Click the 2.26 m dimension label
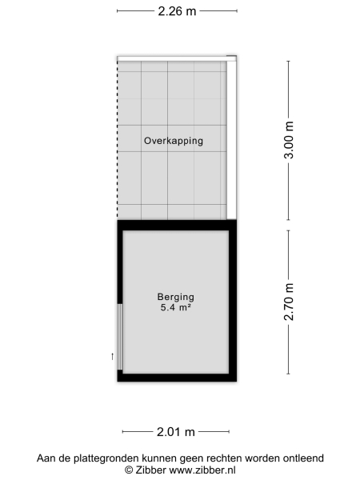point(177,11)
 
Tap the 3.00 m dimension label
point(290,141)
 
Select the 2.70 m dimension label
point(290,302)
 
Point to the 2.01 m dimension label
point(176,432)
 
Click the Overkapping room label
point(174,141)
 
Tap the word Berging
point(176,296)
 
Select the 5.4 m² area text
point(176,307)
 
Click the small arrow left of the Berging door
point(112,355)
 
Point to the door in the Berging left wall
point(120,337)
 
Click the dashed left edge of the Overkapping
point(118,136)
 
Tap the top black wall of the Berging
point(177,224)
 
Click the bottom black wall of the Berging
point(177,378)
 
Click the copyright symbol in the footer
point(128,470)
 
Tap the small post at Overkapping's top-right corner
point(232,57)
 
